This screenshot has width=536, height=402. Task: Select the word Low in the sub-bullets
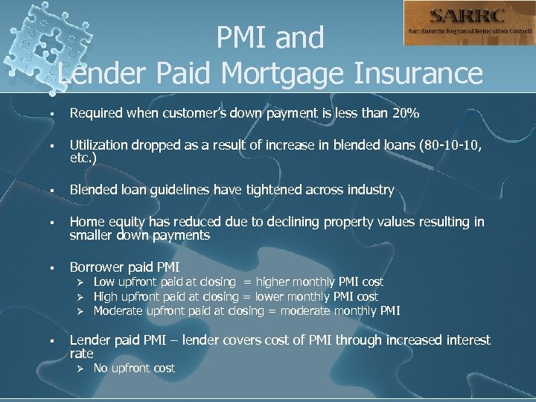104,282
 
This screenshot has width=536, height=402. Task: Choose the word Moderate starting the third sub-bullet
117,310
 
